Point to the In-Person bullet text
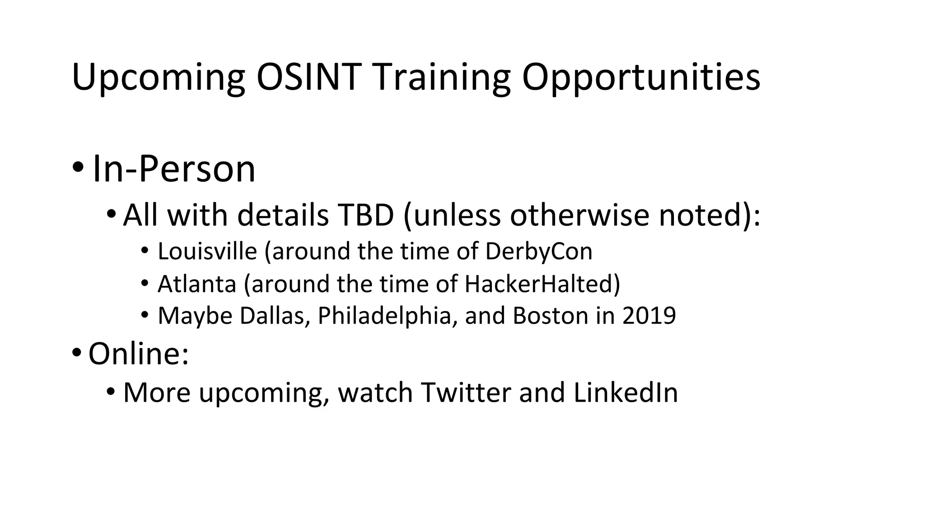pyautogui.click(x=174, y=169)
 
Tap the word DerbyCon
pyautogui.click(x=538, y=251)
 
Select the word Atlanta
pyautogui.click(x=197, y=283)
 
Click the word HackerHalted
pyautogui.click(x=539, y=283)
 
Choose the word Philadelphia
pyautogui.click(x=384, y=316)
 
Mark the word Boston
pyautogui.click(x=550, y=316)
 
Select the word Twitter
pyautogui.click(x=466, y=392)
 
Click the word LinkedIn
pyautogui.click(x=626, y=392)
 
